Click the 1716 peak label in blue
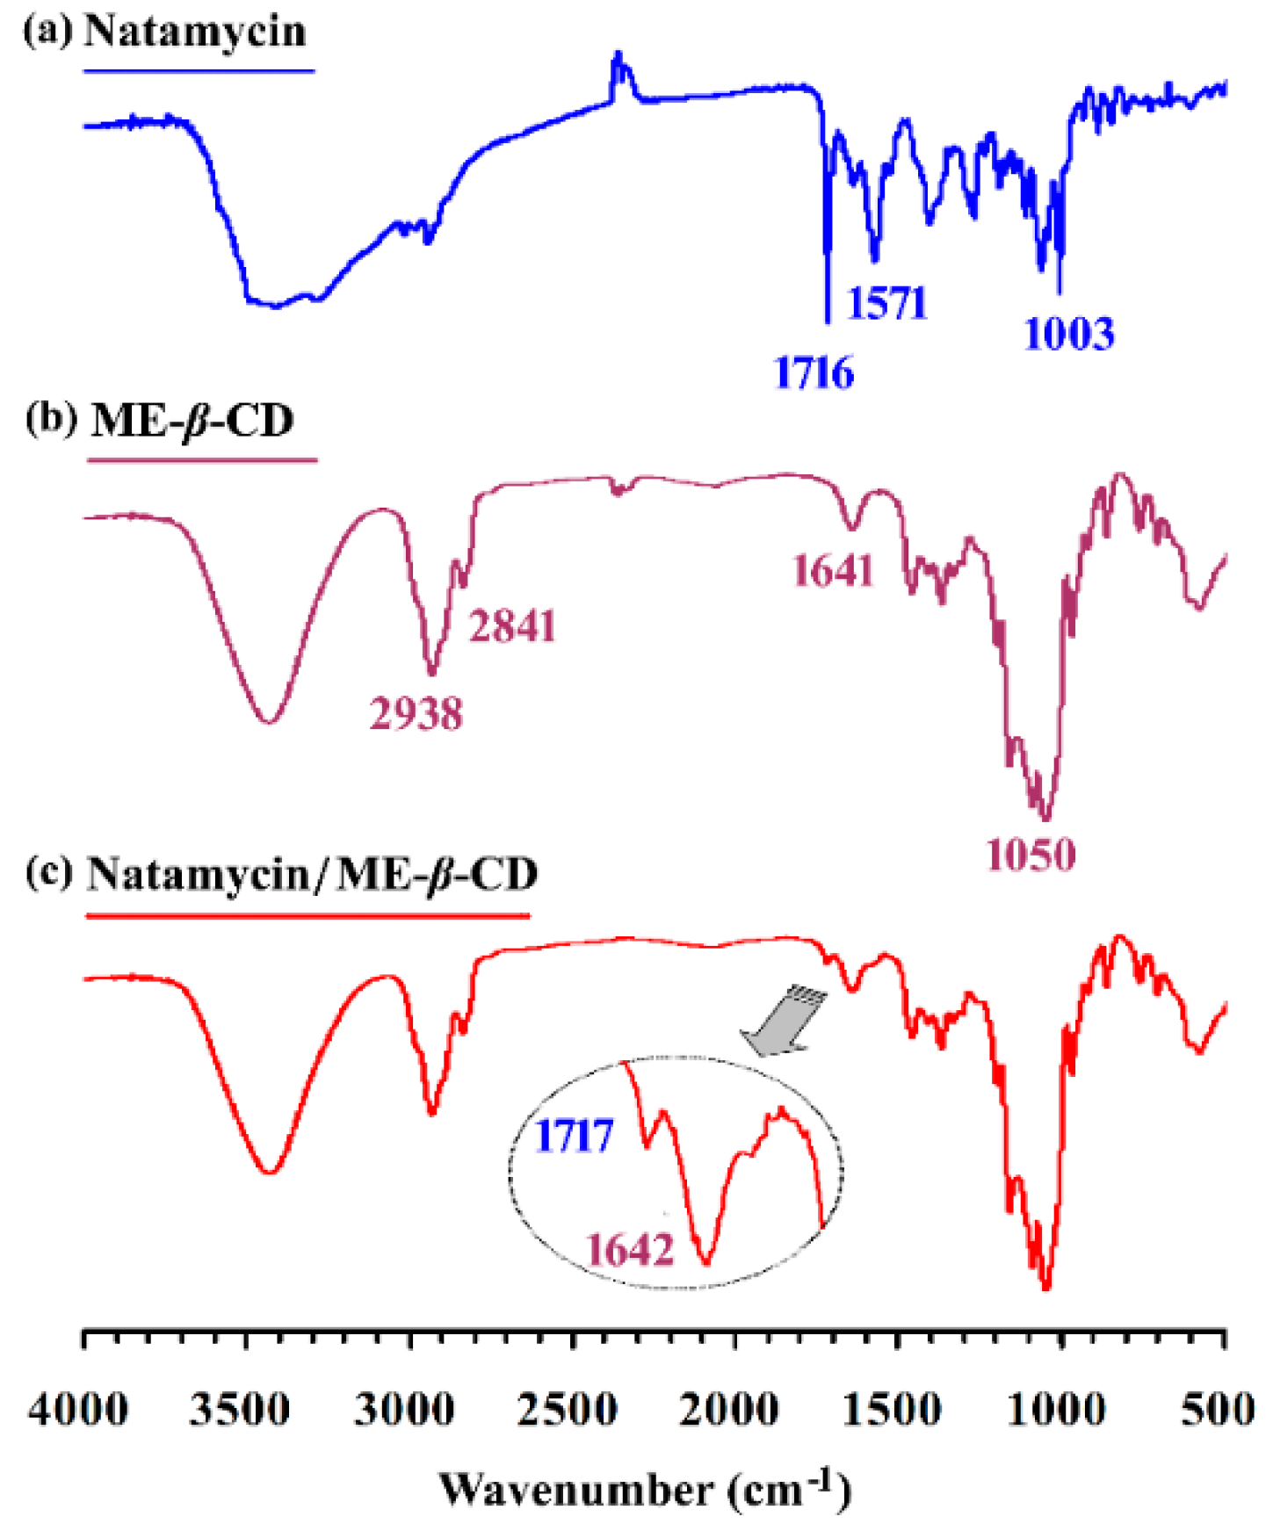[x=814, y=373]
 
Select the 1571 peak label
[x=886, y=304]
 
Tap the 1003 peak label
[x=1069, y=335]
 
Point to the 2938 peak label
[x=416, y=713]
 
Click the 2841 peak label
[x=512, y=627]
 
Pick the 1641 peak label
[x=833, y=571]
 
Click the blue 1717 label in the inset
[x=574, y=1137]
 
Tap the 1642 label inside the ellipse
[x=630, y=1250]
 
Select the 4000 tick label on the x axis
[x=78, y=1411]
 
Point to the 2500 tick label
[x=567, y=1411]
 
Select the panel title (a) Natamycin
[x=165, y=32]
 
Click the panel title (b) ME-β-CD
[x=160, y=421]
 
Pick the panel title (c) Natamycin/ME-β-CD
[x=281, y=875]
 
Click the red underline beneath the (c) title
[x=307, y=916]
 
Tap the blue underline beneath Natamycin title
[x=199, y=70]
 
